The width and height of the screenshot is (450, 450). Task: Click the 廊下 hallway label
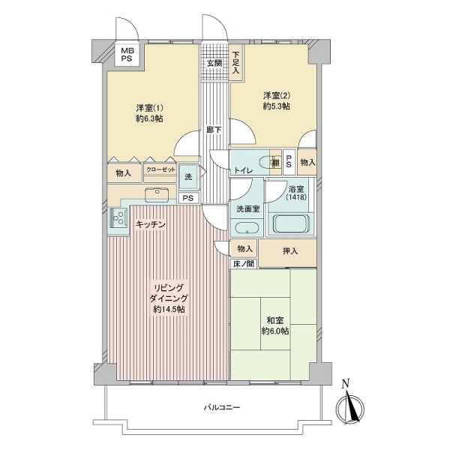tap(214, 130)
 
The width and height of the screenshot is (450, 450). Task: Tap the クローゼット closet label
tap(160, 171)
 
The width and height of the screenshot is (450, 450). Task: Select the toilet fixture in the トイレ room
tap(263, 162)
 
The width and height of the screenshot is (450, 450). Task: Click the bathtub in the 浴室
tap(292, 224)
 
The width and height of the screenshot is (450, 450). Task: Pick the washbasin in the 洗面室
tap(246, 228)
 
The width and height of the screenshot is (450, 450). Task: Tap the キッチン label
tap(151, 225)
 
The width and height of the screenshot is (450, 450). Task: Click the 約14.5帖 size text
tap(169, 310)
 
